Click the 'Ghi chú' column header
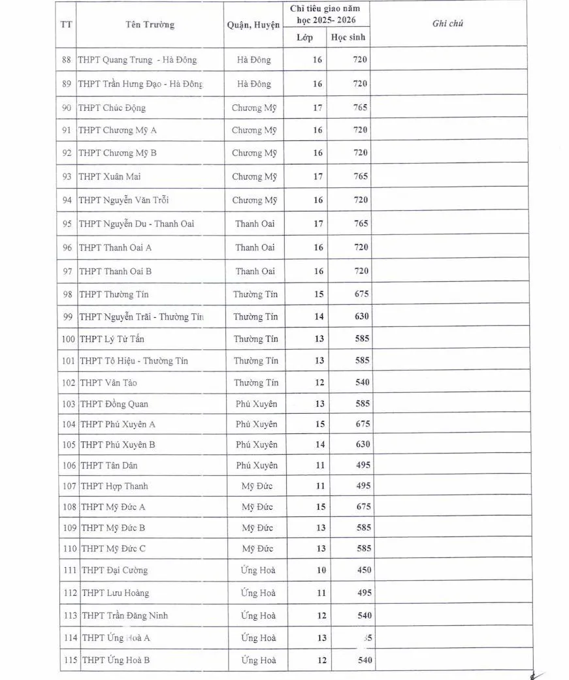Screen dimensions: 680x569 click(447, 23)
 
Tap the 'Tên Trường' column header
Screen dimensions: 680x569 click(150, 25)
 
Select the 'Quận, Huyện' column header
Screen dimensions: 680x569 click(253, 25)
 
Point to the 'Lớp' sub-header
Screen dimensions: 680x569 click(304, 37)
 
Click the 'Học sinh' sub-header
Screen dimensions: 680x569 click(348, 37)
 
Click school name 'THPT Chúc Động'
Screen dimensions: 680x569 click(112, 108)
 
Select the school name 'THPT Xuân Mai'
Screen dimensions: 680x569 click(110, 176)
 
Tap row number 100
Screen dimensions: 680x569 click(69, 339)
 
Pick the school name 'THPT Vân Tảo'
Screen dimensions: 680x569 click(108, 382)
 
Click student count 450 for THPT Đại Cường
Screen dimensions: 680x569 click(363, 570)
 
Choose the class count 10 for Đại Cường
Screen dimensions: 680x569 click(321, 570)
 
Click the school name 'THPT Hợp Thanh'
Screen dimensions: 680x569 click(114, 486)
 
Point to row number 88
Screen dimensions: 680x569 click(67, 60)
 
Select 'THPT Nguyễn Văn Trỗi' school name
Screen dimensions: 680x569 click(124, 200)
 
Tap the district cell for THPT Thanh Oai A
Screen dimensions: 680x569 click(255, 247)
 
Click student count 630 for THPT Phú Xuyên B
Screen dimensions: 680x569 click(363, 444)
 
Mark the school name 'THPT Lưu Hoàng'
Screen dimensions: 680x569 click(115, 593)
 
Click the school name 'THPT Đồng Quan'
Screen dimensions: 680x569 click(114, 404)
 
